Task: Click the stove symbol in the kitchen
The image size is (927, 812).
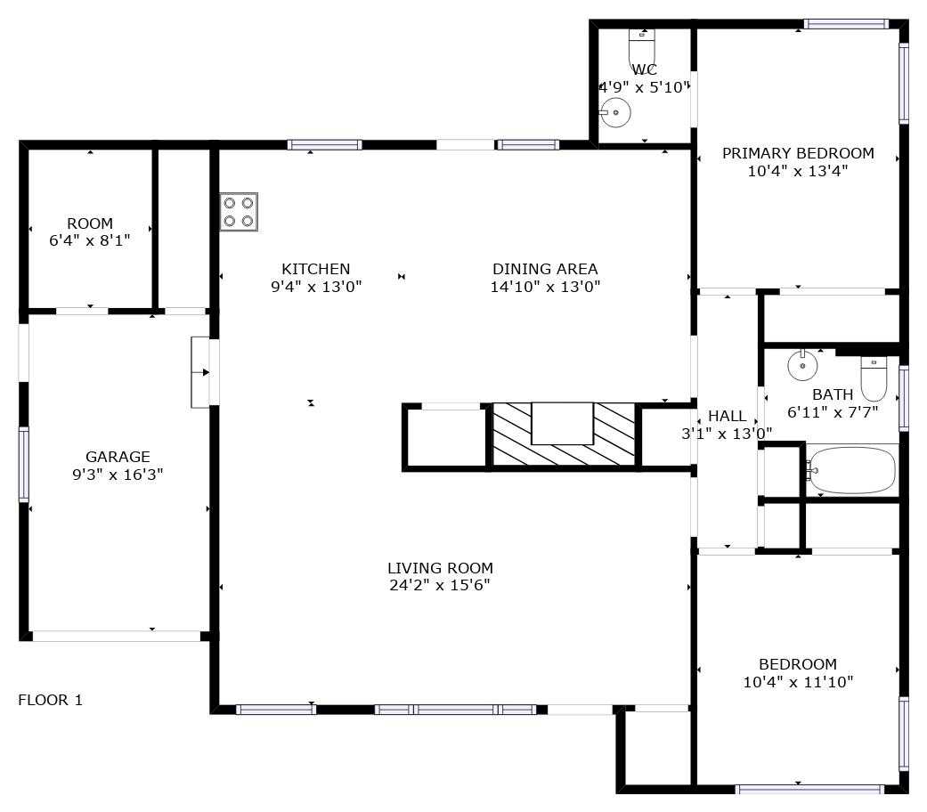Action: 239,212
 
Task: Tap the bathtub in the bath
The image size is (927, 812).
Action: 851,470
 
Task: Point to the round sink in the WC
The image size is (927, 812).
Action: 614,112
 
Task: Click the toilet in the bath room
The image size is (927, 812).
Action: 874,378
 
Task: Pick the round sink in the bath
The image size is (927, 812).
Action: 802,365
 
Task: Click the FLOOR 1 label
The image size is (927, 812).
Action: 50,701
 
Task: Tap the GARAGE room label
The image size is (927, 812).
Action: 118,457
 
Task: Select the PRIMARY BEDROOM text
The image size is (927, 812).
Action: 798,154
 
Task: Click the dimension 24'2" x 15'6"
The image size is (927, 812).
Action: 440,585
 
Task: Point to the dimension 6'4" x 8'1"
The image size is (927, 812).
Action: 90,240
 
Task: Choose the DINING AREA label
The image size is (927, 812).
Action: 545,270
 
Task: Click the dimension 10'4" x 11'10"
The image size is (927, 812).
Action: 798,682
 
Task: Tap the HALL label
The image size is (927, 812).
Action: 728,416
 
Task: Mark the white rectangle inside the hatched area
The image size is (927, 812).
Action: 562,423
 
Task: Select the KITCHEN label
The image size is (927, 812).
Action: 316,270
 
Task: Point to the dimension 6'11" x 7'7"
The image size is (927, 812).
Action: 833,412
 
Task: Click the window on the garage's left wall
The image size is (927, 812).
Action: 24,465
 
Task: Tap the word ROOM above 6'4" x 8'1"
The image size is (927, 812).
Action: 90,224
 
